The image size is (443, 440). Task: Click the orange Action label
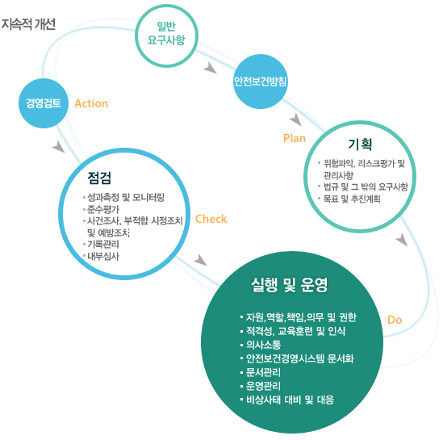(x=91, y=103)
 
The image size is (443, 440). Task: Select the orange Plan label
(x=295, y=138)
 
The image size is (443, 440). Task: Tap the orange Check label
(x=211, y=219)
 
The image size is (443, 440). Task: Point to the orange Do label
(x=395, y=320)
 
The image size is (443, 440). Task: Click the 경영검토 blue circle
(x=44, y=103)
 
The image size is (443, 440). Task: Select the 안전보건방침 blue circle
(x=261, y=82)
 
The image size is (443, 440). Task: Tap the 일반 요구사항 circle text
(x=166, y=33)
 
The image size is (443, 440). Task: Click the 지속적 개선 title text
(x=28, y=24)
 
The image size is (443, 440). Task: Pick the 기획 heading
(x=360, y=145)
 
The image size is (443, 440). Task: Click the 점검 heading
(x=99, y=178)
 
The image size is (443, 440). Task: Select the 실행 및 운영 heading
(x=290, y=285)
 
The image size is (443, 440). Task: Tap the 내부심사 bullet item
(x=103, y=256)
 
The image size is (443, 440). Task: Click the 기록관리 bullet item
(x=103, y=244)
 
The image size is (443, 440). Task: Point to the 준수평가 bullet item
(x=103, y=209)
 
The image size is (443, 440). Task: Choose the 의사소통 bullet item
(x=263, y=345)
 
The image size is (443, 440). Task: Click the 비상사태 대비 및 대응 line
(x=290, y=400)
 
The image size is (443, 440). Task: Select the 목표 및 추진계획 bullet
(x=352, y=199)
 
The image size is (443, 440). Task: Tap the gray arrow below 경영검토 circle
(x=58, y=147)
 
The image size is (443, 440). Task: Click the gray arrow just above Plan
(x=295, y=119)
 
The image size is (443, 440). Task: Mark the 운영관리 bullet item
(x=263, y=386)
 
